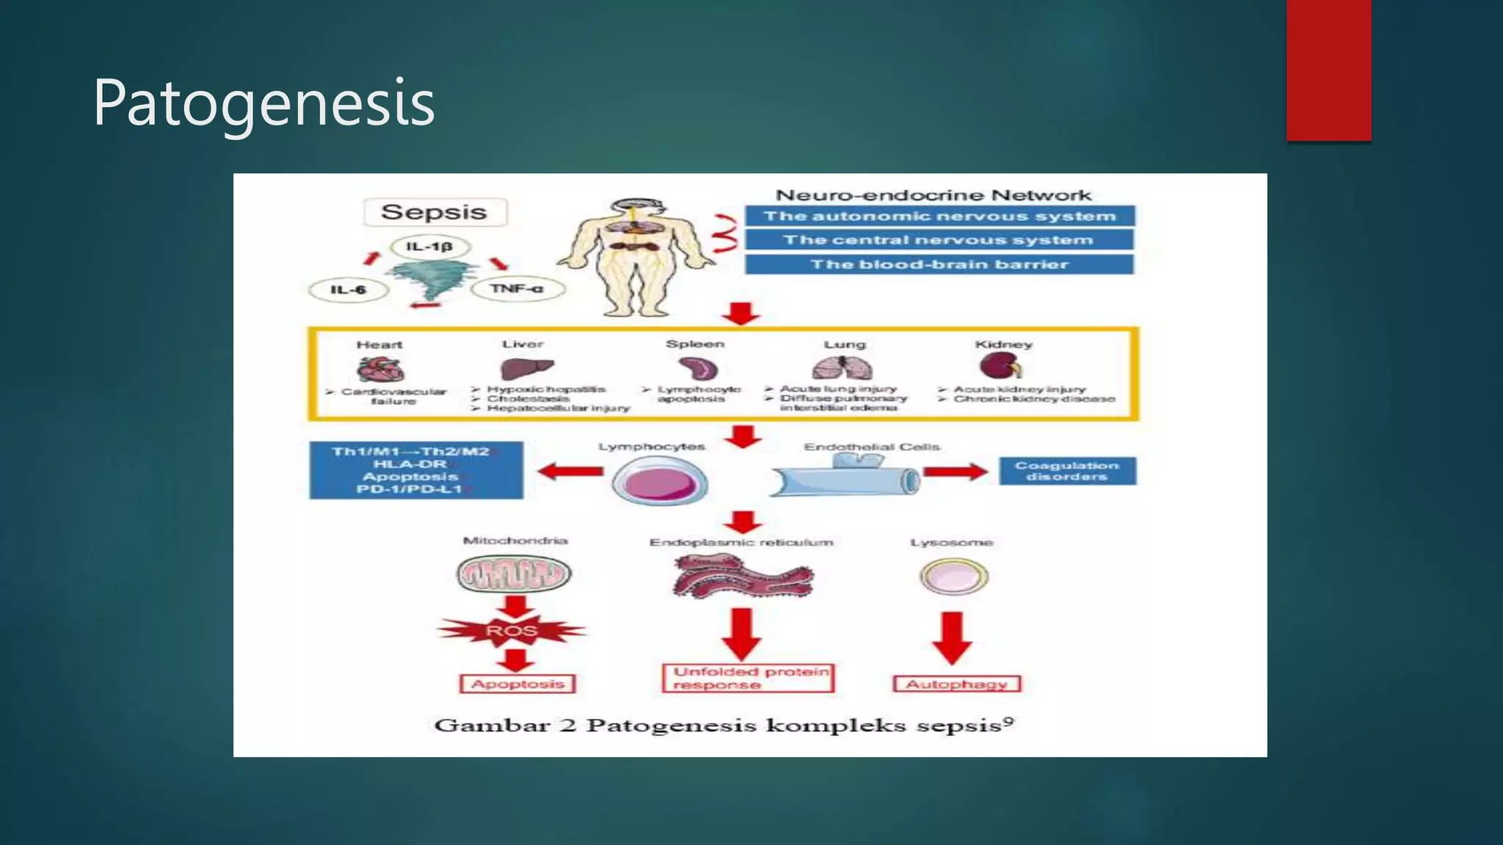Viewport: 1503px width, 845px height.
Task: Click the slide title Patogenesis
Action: coord(263,103)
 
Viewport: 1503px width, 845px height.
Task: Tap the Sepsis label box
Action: coord(434,212)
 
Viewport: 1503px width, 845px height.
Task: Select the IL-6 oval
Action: coord(349,290)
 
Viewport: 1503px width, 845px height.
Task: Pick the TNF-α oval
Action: coord(517,289)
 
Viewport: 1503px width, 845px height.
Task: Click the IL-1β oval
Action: coord(430,246)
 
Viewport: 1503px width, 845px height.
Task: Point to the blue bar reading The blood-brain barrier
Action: coord(939,264)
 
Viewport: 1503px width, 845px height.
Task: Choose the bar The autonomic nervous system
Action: coord(939,216)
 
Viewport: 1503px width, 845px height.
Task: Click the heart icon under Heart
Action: coord(380,369)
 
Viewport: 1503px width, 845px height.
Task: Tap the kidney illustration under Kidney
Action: coord(1000,365)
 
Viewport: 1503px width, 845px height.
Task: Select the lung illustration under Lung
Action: coord(843,367)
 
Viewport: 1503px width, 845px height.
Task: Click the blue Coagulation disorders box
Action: coord(1067,471)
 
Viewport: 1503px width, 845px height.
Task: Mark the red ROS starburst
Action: coord(512,631)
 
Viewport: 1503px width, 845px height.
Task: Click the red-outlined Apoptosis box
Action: coord(517,684)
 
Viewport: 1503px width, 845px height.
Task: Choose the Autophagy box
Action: coord(956,684)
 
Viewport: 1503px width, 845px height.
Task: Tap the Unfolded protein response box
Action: coord(748,678)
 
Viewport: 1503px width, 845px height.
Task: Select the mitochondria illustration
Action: coord(514,574)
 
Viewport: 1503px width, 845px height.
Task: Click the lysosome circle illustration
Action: coord(954,577)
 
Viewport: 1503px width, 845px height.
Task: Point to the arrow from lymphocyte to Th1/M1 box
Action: coord(570,472)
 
